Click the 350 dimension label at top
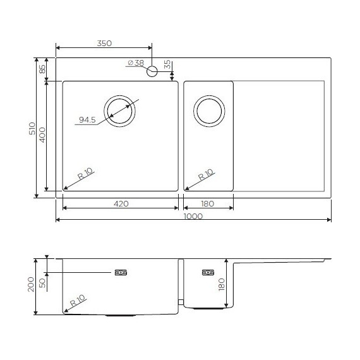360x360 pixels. (104, 44)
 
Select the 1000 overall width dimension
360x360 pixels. (193, 215)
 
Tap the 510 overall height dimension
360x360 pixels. (33, 129)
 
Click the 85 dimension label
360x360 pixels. (43, 68)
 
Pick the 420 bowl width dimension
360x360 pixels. (121, 203)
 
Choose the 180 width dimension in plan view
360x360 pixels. (208, 203)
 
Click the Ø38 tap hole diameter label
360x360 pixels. (135, 63)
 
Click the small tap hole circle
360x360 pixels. (152, 72)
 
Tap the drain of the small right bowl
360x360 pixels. (208, 112)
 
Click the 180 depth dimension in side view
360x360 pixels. (221, 284)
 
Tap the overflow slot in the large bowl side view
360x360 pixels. (121, 273)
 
